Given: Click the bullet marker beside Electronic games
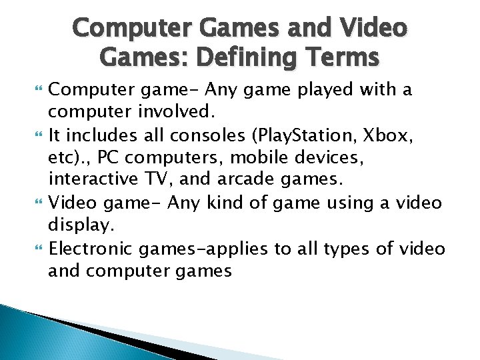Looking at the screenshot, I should pos(37,249).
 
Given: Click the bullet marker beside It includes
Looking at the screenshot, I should pos(37,136).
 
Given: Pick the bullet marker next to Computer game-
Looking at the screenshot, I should pos(37,89).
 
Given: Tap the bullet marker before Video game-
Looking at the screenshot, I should pos(37,203).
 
